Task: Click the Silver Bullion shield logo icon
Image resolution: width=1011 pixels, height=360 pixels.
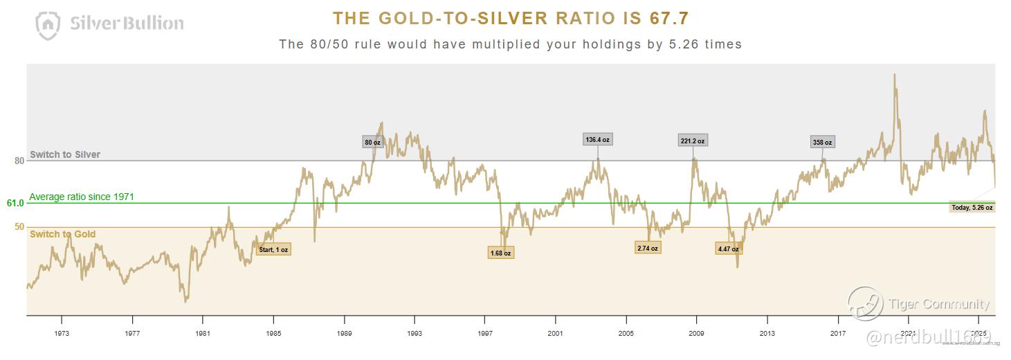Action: tap(48, 25)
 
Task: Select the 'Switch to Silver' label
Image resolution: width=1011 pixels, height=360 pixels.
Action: tap(65, 154)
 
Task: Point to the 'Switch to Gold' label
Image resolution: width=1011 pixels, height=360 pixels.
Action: tap(63, 234)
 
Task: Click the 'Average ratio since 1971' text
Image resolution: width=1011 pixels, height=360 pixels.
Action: tap(82, 197)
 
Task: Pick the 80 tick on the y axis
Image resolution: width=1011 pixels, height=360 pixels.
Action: tap(19, 161)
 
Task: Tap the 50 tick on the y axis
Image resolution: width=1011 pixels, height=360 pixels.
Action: tap(19, 226)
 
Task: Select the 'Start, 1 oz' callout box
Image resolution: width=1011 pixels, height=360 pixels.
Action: tap(273, 249)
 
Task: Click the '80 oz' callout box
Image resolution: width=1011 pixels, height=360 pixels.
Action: tap(372, 143)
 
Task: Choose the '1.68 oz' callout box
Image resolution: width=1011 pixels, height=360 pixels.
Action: tap(500, 253)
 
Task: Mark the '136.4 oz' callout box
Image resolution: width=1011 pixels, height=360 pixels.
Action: tap(597, 140)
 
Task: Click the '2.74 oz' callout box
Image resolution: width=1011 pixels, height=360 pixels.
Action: tap(648, 248)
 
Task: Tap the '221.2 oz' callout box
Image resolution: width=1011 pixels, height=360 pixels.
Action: tap(693, 141)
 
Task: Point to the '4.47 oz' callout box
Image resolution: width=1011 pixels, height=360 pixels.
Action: tap(727, 249)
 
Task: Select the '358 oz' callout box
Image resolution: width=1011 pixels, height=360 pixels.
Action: tap(822, 143)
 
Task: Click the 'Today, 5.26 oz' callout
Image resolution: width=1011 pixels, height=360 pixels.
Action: tap(972, 207)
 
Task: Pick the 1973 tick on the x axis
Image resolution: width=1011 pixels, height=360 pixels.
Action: tap(62, 332)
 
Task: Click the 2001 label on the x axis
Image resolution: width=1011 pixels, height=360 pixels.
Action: tap(555, 332)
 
